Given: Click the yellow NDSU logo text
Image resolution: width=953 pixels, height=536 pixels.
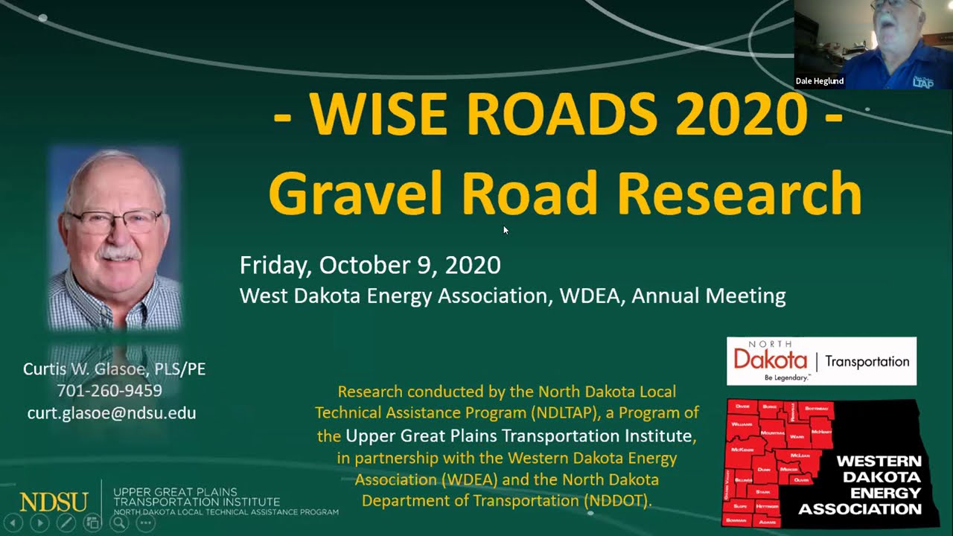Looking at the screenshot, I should click(54, 502).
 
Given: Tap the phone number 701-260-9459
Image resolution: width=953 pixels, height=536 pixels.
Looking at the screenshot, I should click(109, 390).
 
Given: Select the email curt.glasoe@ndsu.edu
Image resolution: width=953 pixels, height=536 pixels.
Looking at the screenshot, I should click(112, 412).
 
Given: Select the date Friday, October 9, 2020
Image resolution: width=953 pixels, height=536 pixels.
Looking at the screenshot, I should click(370, 265).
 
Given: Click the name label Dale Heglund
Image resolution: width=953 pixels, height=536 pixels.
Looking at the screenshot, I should click(820, 81).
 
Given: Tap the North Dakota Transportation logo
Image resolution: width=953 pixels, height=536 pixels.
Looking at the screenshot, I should click(821, 361).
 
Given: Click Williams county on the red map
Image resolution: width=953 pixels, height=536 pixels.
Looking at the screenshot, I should click(742, 423).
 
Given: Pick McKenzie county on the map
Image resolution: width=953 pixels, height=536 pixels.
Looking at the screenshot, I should click(742, 450).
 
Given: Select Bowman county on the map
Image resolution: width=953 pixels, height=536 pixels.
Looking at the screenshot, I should click(736, 520).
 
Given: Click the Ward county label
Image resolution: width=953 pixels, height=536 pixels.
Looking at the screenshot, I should click(797, 436).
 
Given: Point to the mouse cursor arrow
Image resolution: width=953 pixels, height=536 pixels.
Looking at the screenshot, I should click(506, 230).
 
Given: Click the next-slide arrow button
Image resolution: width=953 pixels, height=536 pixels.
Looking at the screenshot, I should click(39, 523).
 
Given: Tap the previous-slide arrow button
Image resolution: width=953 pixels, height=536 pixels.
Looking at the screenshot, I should click(13, 523).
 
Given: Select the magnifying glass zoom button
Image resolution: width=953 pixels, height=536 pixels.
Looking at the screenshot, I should click(118, 523).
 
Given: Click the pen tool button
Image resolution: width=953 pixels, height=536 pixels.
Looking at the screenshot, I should click(66, 523).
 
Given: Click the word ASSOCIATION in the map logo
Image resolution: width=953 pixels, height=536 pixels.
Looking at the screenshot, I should click(859, 509).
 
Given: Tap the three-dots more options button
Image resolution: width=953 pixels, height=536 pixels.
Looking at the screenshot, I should click(145, 523).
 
